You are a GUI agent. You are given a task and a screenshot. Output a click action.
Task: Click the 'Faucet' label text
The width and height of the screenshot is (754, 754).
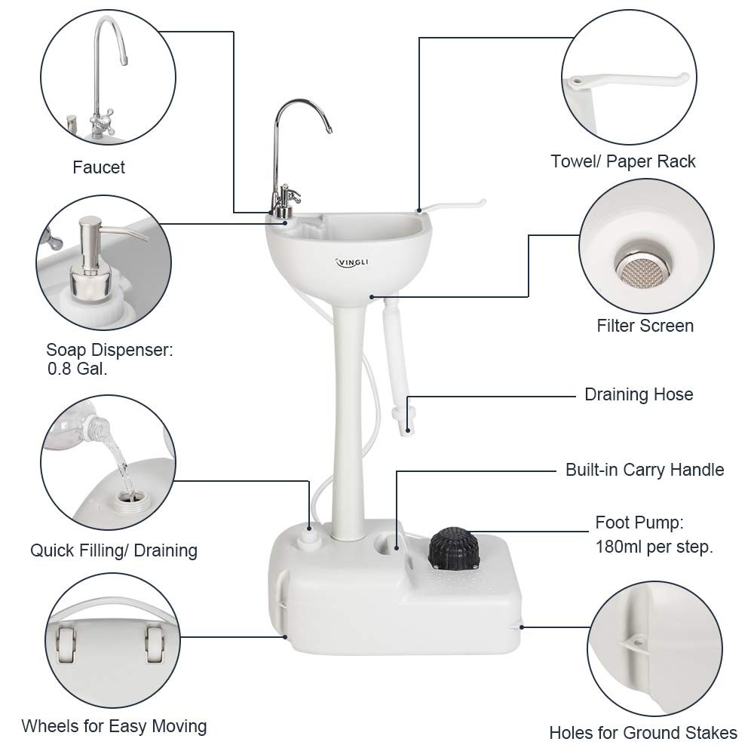[99, 167]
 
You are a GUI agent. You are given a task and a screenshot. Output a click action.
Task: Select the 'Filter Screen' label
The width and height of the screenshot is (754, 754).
[645, 326]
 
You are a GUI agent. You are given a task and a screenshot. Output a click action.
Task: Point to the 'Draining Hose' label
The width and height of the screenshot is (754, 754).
[639, 394]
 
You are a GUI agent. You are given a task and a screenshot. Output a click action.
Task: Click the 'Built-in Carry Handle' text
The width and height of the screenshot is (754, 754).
[645, 470]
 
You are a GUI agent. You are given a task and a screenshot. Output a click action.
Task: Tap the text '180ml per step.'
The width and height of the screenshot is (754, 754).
[654, 547]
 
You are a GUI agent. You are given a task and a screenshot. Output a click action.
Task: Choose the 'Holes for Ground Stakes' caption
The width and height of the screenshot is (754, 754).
[643, 732]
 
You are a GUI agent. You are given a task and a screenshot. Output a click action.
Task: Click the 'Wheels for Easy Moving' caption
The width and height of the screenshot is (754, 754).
[114, 727]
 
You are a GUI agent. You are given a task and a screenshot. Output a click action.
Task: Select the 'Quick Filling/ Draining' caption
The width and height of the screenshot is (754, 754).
[114, 550]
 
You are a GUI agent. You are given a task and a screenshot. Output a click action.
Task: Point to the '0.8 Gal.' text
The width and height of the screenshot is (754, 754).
[75, 369]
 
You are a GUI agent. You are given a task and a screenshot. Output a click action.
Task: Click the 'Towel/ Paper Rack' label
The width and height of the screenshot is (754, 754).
[623, 161]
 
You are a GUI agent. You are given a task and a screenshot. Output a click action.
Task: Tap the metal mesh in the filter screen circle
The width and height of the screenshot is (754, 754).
[637, 264]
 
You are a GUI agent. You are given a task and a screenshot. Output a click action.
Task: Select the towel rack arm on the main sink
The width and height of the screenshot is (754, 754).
[452, 204]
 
